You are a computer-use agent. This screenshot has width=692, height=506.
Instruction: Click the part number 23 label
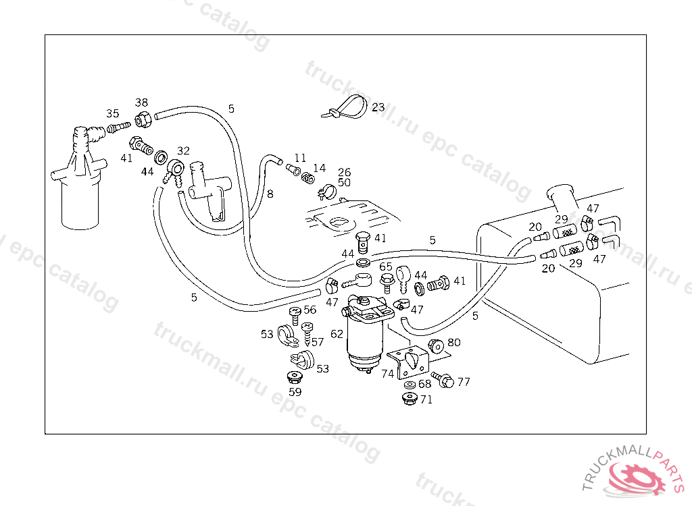click(x=378, y=107)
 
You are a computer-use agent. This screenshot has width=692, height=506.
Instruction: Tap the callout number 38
click(x=141, y=103)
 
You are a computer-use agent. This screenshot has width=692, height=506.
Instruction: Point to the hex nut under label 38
click(x=143, y=119)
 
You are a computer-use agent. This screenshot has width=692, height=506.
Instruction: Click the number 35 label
click(x=113, y=114)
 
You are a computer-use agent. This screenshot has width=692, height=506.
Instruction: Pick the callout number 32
click(x=183, y=150)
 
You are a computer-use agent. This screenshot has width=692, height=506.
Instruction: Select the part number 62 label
click(x=337, y=334)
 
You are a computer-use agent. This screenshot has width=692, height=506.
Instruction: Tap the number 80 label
click(x=454, y=343)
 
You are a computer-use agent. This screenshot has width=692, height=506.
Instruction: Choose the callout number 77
click(x=464, y=382)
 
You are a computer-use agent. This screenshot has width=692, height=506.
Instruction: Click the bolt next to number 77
click(x=443, y=379)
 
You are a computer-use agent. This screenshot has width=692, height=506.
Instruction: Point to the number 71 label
click(x=426, y=399)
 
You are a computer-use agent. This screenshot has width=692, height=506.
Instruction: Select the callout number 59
click(x=295, y=392)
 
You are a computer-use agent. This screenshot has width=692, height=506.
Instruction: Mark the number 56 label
click(x=310, y=310)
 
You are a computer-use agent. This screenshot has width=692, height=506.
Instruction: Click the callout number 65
click(x=386, y=266)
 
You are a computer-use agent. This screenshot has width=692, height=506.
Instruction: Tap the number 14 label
click(x=320, y=168)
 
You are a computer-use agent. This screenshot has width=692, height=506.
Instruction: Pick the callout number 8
click(x=270, y=194)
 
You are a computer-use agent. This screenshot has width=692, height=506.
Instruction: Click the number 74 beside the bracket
click(x=387, y=374)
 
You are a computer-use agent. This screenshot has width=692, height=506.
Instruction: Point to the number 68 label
click(x=424, y=384)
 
